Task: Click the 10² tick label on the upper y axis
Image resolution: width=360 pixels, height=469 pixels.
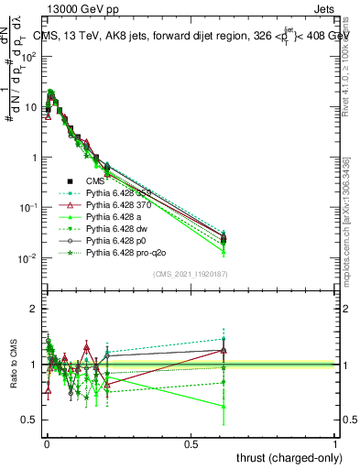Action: (29, 57)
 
